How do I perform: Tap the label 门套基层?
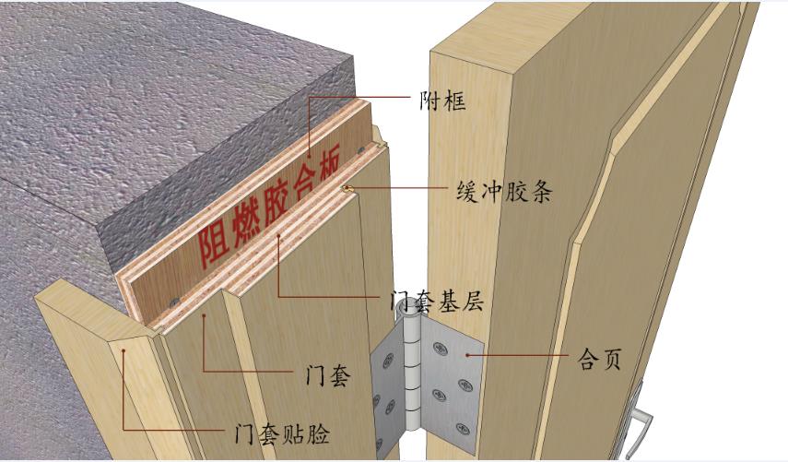[437, 302]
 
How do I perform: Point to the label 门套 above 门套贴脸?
[327, 376]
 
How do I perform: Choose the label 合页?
[598, 358]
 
